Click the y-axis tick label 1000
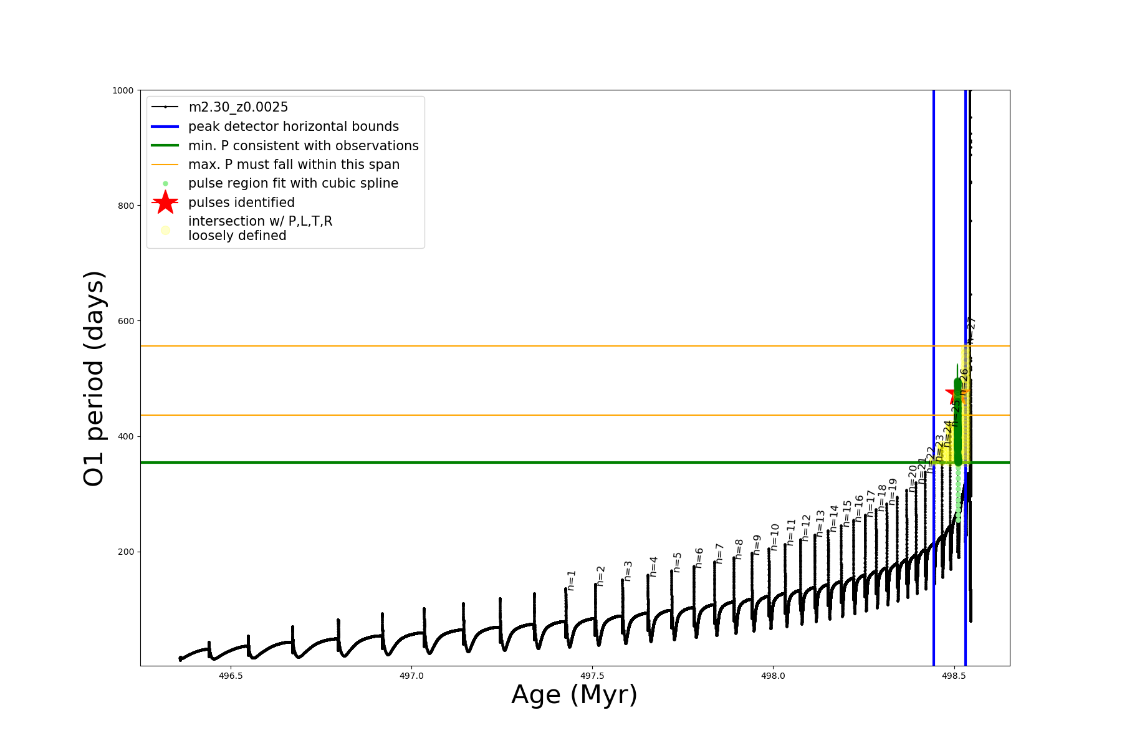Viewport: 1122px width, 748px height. click(123, 90)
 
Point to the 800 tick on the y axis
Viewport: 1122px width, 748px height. click(125, 206)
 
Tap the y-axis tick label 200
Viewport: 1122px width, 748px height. click(125, 552)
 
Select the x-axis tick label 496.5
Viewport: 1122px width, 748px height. click(231, 676)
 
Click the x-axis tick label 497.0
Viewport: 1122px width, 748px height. click(411, 676)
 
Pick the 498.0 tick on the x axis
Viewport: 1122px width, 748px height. click(773, 676)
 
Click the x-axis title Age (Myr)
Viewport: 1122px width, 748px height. click(574, 695)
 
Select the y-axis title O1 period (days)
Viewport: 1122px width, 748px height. click(94, 378)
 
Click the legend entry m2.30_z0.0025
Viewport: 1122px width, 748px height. click(238, 107)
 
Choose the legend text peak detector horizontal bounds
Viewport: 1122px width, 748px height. click(293, 127)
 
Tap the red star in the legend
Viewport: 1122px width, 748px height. click(165, 202)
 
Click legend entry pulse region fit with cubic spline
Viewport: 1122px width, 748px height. click(293, 183)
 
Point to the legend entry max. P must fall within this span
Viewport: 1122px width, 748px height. click(294, 165)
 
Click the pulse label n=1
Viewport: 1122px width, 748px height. click(572, 580)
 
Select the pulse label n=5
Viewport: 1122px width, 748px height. click(678, 562)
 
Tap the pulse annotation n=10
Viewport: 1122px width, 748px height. click(775, 537)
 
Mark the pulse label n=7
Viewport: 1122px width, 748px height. click(719, 554)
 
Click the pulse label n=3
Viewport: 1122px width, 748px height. click(628, 571)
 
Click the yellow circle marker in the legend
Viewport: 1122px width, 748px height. click(165, 230)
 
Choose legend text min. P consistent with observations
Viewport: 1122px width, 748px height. click(303, 146)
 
